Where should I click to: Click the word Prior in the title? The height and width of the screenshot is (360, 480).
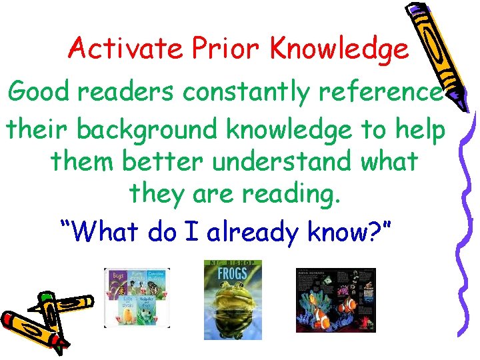pos(225,48)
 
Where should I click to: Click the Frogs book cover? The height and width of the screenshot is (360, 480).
pos(233,299)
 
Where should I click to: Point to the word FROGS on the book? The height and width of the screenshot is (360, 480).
pos(233,273)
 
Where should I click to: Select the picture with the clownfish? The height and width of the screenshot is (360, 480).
pos(335,300)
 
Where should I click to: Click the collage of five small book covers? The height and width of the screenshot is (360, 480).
pos(137,297)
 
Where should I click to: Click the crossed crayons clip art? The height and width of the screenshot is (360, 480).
pos(43,320)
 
